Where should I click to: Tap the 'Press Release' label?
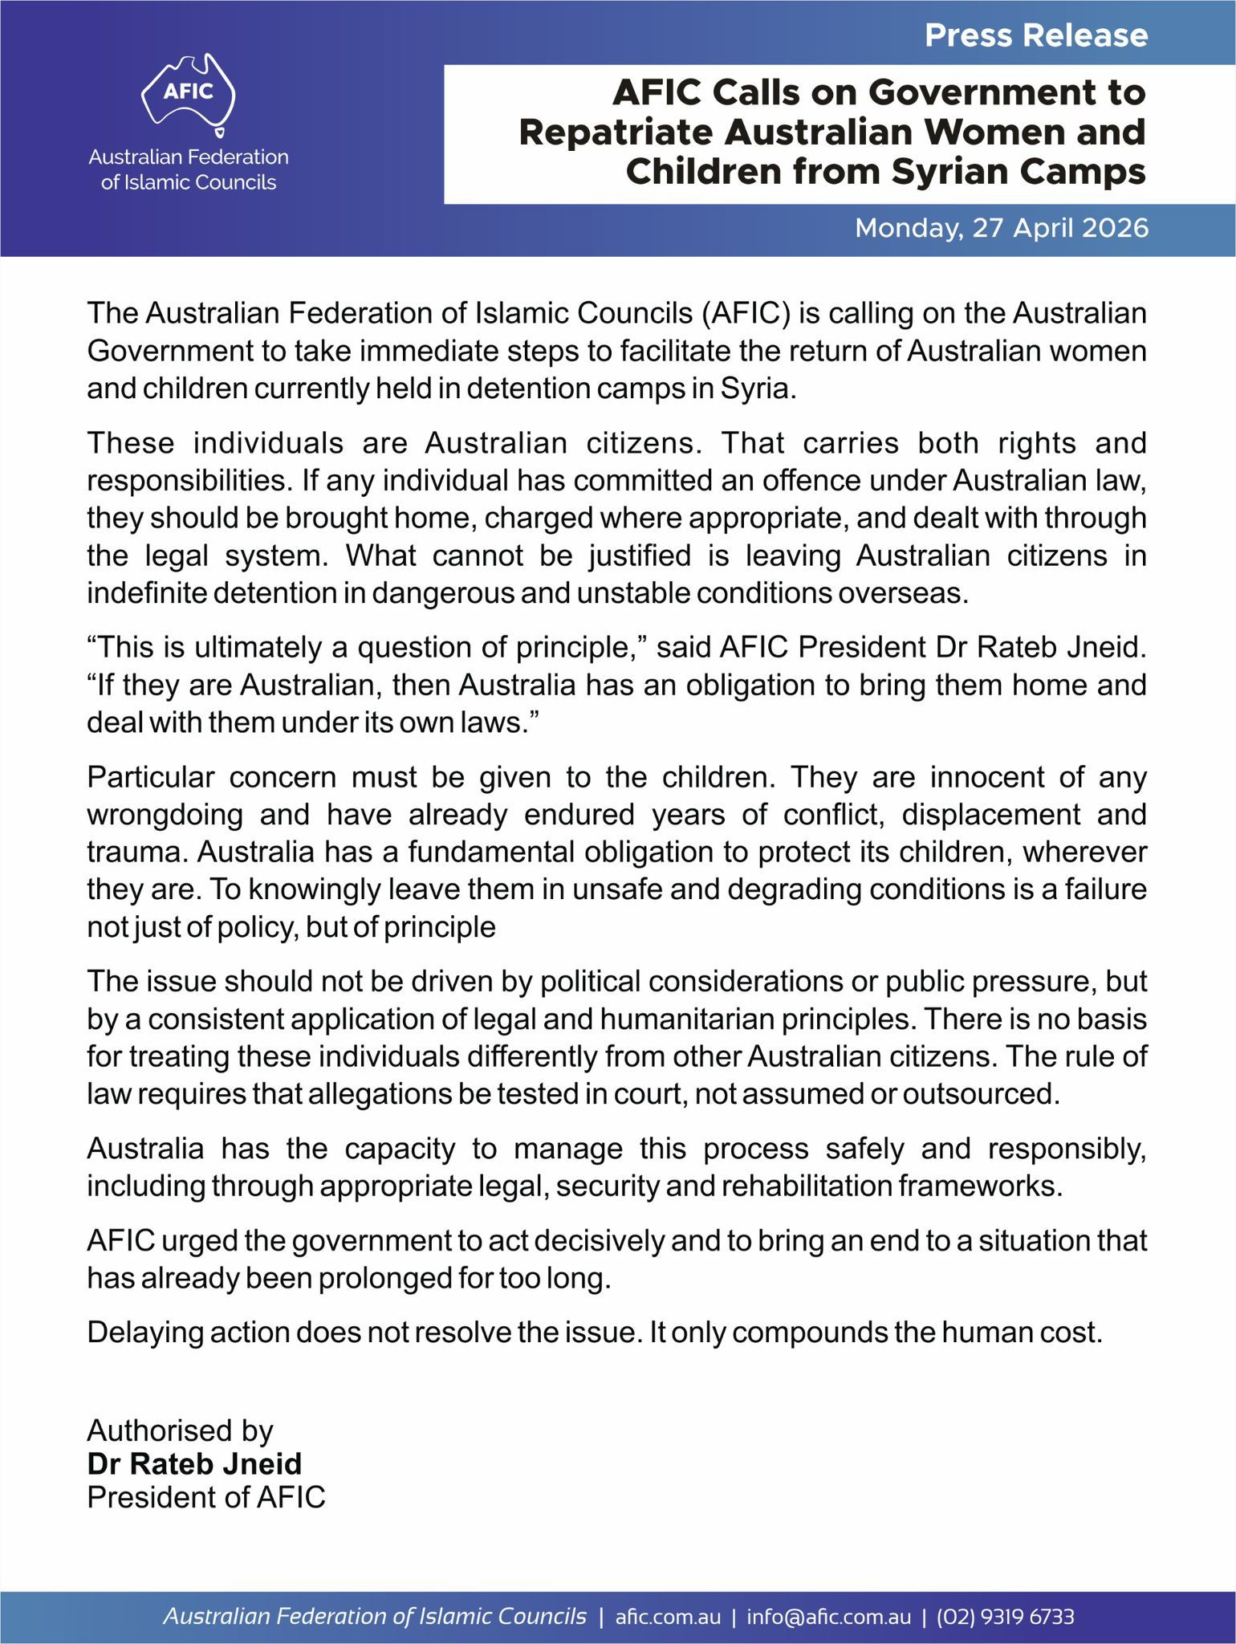(x=1036, y=35)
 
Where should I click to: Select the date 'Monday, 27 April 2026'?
(x=1002, y=229)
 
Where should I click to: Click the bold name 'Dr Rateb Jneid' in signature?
(x=194, y=1464)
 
